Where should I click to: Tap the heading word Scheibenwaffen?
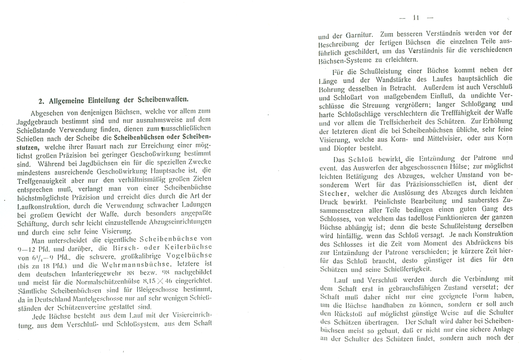point(163,99)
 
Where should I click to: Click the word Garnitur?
point(352,35)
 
